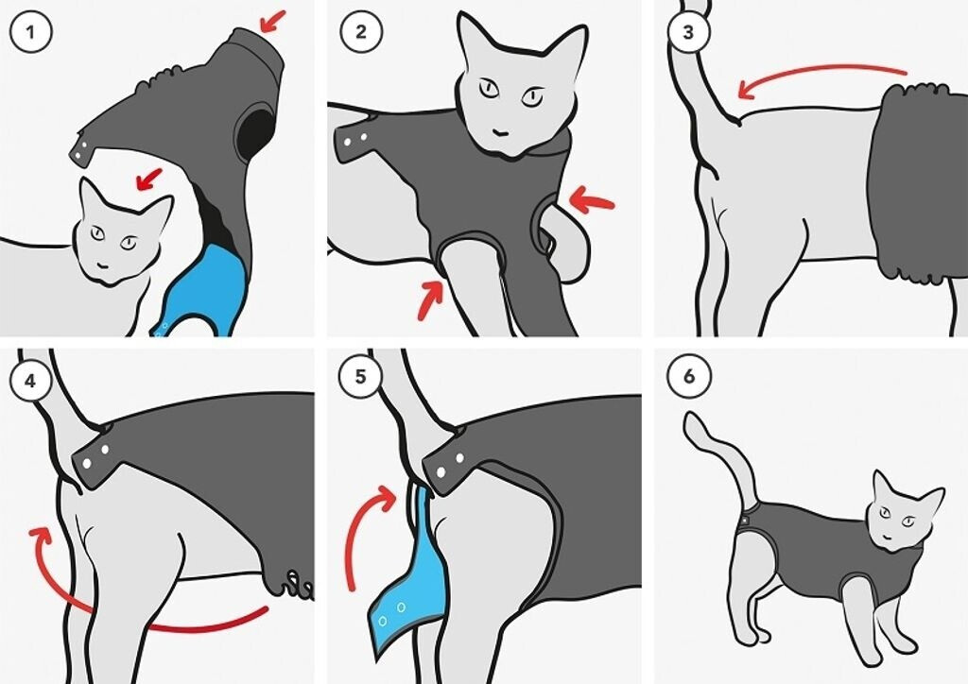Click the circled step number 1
pos(31,31)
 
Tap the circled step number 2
pos(361,31)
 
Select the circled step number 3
pos(689,31)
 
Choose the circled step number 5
pos(361,376)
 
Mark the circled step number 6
pos(689,376)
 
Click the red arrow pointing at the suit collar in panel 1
pos(273,21)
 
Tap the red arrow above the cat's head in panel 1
pos(148,179)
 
